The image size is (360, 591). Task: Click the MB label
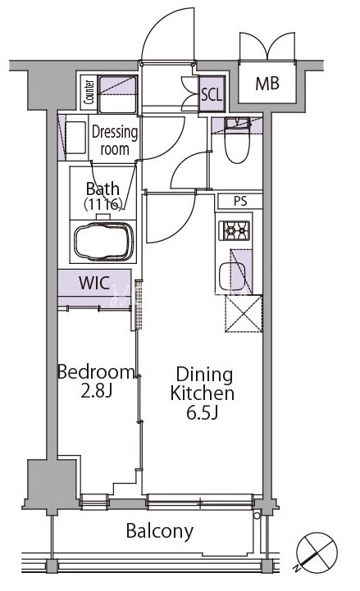pos(267,84)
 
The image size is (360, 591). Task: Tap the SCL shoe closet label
pos(212,94)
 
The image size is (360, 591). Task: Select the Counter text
pos(89,93)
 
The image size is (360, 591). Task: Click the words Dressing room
pos(115,141)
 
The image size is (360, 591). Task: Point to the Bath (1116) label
pos(103,196)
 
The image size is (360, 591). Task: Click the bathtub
pos(103,242)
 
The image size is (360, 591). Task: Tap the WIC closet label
pos(94,283)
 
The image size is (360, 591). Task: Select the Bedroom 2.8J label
pos(96,381)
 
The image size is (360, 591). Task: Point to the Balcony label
pos(160,531)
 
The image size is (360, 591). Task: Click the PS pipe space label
pos(240,202)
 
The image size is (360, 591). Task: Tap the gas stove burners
pos(234,230)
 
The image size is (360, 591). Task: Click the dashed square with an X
pos(244,314)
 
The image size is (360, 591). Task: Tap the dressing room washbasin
pos(75,138)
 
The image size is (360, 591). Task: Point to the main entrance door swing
pos(168,34)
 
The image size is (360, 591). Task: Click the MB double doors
pos(267,46)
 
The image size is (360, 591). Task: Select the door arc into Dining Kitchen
pos(171,217)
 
